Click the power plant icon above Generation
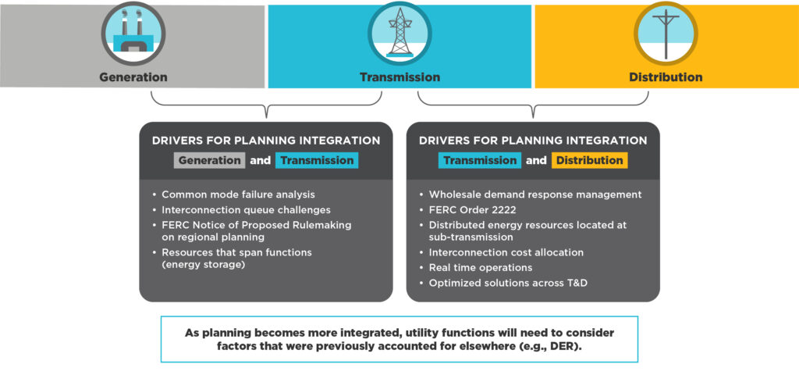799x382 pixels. click(133, 34)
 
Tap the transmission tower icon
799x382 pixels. click(399, 34)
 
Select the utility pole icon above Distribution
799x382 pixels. click(666, 34)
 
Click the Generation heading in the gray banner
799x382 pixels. click(133, 77)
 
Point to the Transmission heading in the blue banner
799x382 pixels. click(399, 77)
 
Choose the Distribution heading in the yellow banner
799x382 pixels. click(666, 77)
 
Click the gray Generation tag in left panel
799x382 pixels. click(209, 160)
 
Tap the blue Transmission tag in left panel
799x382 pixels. click(316, 160)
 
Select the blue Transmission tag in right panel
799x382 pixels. click(480, 160)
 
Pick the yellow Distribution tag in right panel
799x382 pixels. click(589, 160)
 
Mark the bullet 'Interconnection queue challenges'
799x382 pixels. click(245, 209)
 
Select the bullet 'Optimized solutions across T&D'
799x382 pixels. click(508, 283)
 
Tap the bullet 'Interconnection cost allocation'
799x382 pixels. click(506, 253)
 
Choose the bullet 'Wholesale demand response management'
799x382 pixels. click(535, 195)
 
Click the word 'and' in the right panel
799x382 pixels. click(536, 160)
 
